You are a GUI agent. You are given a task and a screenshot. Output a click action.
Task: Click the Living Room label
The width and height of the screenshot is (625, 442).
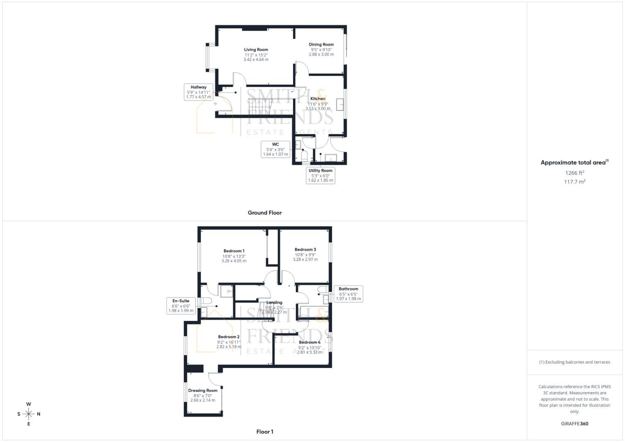(256, 50)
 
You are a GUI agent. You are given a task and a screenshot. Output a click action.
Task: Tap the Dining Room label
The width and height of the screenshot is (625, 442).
(321, 45)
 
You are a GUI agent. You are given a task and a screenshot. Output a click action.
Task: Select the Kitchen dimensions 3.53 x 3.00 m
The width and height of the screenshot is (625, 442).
(318, 108)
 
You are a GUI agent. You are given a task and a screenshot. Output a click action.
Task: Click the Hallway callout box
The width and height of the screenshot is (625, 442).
(199, 92)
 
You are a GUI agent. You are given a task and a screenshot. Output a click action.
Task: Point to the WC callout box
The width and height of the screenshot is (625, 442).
(275, 149)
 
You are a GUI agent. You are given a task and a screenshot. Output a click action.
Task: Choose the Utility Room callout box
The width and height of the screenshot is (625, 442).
(320, 175)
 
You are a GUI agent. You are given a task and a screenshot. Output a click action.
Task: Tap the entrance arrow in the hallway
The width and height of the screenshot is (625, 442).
(215, 104)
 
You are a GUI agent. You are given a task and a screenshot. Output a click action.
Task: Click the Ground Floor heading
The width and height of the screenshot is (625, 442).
(264, 213)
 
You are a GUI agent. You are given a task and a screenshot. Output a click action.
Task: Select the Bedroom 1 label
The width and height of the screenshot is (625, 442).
(234, 251)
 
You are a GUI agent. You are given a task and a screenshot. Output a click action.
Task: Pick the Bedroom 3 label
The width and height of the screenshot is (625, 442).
(305, 250)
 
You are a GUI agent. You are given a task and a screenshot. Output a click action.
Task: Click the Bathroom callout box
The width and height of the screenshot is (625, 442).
(348, 294)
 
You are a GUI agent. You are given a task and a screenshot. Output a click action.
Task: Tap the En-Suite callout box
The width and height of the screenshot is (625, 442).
(181, 306)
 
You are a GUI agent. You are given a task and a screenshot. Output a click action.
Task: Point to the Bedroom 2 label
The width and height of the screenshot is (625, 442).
(228, 337)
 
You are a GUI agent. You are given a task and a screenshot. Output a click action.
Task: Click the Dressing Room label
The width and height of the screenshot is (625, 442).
(203, 390)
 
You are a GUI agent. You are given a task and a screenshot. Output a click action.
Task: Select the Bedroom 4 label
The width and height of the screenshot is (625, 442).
(309, 342)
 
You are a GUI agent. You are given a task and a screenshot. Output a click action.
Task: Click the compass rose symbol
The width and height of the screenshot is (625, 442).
(29, 414)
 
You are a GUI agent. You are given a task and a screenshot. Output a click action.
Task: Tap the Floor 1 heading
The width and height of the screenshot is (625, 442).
(264, 432)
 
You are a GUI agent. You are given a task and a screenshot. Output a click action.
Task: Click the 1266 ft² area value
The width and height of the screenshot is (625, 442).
(574, 173)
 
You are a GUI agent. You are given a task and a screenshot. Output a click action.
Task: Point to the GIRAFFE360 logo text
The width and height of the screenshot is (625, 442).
(574, 424)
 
